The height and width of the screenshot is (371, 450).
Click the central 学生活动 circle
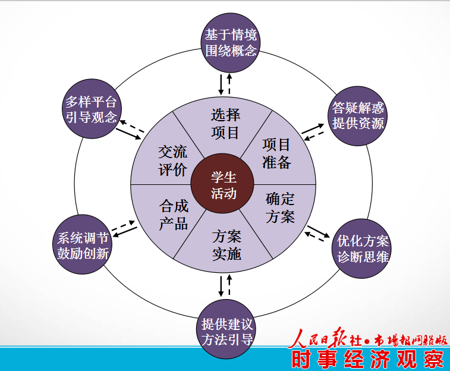[222, 184]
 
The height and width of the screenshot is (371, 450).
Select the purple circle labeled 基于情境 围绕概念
[230, 42]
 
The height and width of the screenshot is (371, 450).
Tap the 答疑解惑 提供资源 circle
[358, 116]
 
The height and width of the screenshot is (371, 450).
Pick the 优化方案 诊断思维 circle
[363, 249]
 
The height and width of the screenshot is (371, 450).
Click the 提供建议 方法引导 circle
[226, 329]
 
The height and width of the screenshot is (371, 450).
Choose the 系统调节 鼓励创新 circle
[83, 244]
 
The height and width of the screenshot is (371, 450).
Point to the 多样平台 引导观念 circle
[92, 109]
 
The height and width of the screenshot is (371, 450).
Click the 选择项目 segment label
[225, 124]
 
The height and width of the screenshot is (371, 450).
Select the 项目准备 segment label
[276, 153]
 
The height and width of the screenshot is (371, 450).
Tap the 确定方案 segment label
[280, 207]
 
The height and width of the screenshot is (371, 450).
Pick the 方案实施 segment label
[226, 245]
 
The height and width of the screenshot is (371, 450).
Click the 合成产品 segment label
[174, 215]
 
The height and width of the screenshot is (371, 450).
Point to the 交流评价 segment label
[173, 161]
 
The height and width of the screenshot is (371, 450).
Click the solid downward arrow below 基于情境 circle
[221, 84]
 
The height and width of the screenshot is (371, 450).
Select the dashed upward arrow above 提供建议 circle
[229, 285]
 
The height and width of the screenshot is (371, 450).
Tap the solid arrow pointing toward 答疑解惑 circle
[313, 129]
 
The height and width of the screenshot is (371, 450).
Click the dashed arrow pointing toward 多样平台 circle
[132, 126]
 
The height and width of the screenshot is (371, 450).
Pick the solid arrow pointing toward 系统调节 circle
[125, 232]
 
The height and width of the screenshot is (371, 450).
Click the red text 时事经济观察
[368, 359]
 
